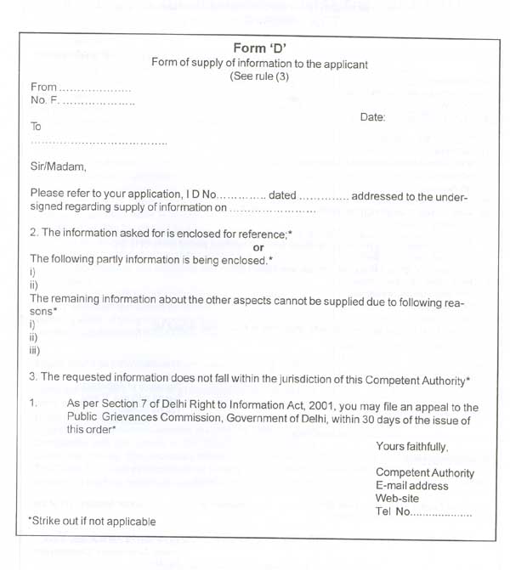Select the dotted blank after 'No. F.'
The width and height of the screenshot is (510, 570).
click(x=99, y=102)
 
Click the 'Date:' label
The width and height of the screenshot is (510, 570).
click(x=372, y=117)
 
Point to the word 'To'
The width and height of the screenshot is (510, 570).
click(x=36, y=126)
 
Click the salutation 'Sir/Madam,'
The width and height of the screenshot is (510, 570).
click(x=59, y=166)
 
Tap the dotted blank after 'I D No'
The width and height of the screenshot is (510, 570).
click(x=241, y=196)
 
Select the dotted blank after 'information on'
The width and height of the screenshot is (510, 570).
click(x=273, y=208)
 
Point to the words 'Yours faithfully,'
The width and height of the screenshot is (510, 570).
click(x=411, y=447)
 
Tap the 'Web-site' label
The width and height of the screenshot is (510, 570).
click(x=397, y=499)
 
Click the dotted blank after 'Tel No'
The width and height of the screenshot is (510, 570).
click(x=442, y=512)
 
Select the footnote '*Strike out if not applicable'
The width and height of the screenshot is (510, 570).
click(x=92, y=521)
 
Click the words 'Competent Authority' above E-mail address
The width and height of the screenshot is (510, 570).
click(x=425, y=473)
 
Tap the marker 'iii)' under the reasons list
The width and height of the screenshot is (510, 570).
click(x=35, y=349)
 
